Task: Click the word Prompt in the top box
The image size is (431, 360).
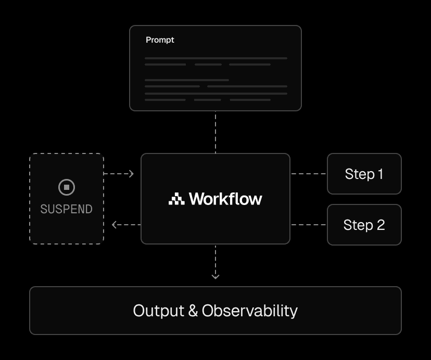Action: pyautogui.click(x=160, y=40)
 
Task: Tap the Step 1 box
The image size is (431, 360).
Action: pyautogui.click(x=364, y=174)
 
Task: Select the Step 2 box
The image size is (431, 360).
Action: pyautogui.click(x=364, y=225)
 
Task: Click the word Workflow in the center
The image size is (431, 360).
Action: pyautogui.click(x=225, y=199)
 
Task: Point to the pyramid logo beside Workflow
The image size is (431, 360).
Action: pyautogui.click(x=176, y=199)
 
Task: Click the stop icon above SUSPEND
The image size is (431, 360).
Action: pyautogui.click(x=67, y=187)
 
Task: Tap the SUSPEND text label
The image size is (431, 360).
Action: pyautogui.click(x=67, y=209)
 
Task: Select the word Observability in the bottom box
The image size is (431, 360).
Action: pyautogui.click(x=250, y=311)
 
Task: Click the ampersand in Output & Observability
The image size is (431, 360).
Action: pyautogui.click(x=193, y=311)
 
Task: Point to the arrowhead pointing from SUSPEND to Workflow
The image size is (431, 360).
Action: pyautogui.click(x=131, y=174)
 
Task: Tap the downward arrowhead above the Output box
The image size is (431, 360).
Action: pyautogui.click(x=215, y=276)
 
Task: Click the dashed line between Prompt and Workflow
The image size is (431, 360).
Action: pyautogui.click(x=215, y=132)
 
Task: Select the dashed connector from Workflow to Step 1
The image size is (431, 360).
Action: pyautogui.click(x=308, y=174)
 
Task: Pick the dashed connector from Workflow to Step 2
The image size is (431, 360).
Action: pyautogui.click(x=308, y=225)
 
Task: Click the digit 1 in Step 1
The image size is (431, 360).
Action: pyautogui.click(x=380, y=174)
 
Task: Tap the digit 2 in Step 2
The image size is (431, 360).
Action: pyautogui.click(x=380, y=225)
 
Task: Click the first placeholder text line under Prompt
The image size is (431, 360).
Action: pyautogui.click(x=216, y=58)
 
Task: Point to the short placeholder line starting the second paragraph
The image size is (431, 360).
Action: pyautogui.click(x=187, y=80)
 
